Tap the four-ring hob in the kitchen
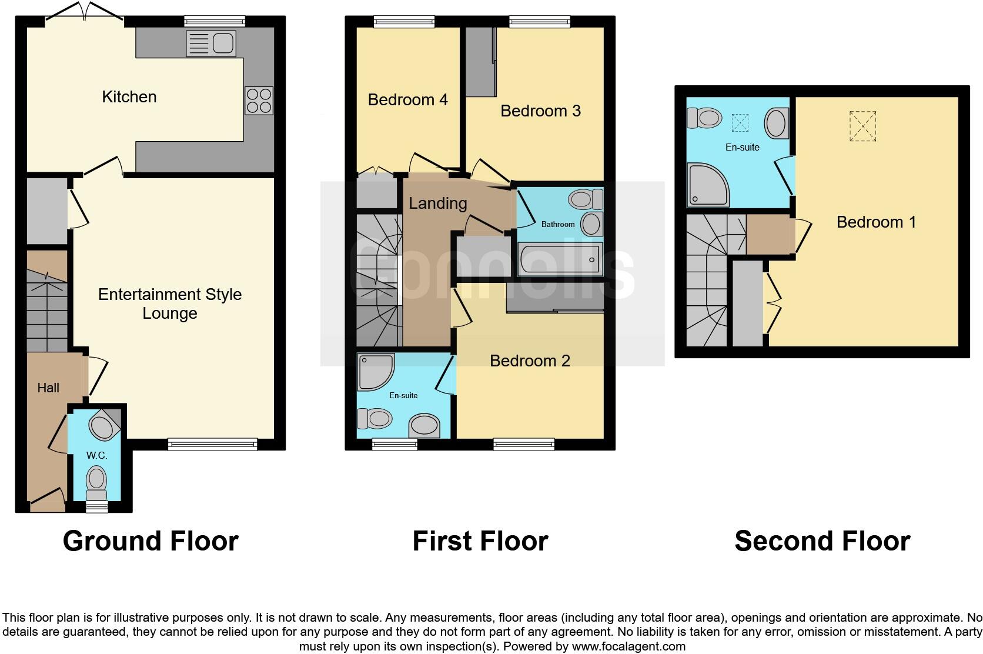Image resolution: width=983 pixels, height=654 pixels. point(259,101)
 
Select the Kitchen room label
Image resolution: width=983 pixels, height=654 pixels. point(129,97)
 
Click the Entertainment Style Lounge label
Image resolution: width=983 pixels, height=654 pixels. point(170,303)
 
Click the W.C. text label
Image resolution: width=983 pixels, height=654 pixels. point(96,455)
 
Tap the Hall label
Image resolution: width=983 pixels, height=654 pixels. point(48,388)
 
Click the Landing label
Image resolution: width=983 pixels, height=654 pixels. point(438,203)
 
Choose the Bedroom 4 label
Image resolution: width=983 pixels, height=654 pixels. point(407,100)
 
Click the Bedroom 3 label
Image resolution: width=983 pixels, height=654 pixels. point(540,111)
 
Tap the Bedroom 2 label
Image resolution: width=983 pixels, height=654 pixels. point(530,361)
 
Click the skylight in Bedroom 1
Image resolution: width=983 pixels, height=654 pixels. point(862,126)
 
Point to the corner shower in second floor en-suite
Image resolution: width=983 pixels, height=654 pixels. point(708,185)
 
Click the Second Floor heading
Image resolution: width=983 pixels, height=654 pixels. point(822,541)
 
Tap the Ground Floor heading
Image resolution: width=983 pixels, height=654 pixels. point(151,541)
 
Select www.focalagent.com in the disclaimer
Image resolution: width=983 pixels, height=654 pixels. point(628,646)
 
